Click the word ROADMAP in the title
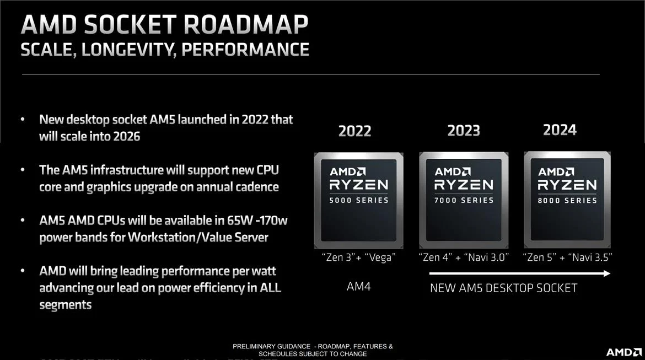245,25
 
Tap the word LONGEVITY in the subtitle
129,50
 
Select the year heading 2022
354,131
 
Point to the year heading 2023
464,131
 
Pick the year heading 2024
560,130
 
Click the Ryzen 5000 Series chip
359,200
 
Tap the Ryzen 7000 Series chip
464,200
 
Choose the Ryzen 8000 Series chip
567,200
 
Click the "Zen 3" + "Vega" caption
359,257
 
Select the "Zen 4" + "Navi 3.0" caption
464,257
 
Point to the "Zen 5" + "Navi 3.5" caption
567,257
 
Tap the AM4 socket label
359,286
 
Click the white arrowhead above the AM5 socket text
606,273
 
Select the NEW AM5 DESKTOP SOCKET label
503,288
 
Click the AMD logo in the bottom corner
623,352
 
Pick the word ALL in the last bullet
270,288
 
